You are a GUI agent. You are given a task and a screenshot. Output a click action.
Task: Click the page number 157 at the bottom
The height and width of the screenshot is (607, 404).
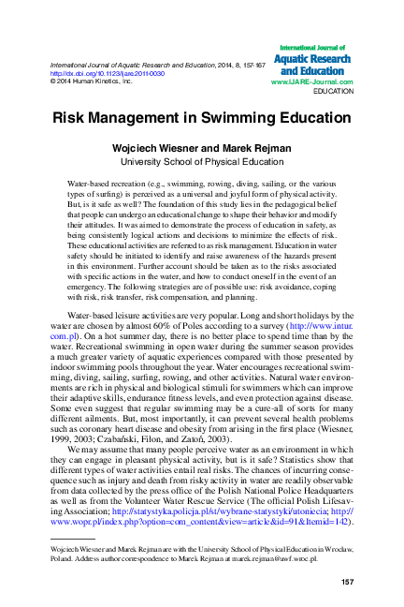pos(346,583)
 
